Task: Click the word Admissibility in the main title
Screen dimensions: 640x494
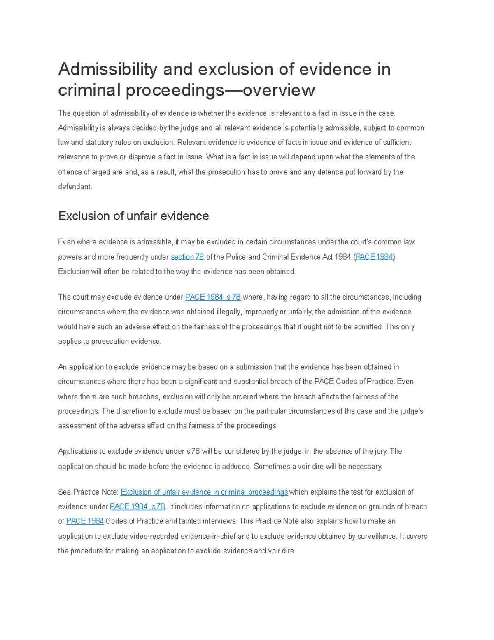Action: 107,69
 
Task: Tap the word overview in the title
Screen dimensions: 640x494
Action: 279,90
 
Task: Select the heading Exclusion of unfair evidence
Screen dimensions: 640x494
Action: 133,216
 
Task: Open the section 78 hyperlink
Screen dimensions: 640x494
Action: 187,257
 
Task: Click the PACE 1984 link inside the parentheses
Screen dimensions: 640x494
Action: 374,257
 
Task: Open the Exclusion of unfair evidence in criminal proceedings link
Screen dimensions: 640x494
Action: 204,492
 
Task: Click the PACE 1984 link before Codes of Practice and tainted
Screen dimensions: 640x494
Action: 85,521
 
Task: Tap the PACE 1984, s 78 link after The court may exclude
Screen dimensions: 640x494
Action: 213,297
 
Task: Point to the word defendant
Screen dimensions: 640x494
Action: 75,186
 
